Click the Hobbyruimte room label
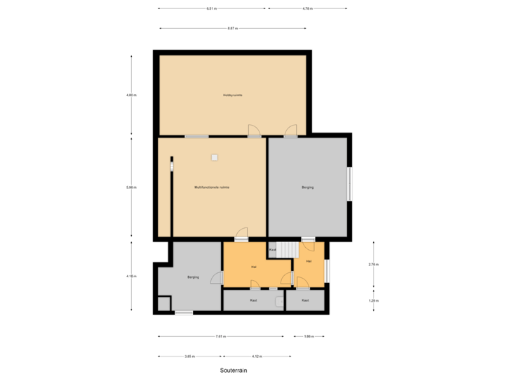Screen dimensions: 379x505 (x=232, y=95)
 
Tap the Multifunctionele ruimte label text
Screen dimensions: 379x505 (x=212, y=187)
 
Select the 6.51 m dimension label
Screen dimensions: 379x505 (x=211, y=9)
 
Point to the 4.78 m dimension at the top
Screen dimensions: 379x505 (x=307, y=9)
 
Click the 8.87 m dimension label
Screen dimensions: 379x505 (x=232, y=29)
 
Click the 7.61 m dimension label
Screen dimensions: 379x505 (x=220, y=337)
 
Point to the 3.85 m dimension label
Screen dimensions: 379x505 (x=189, y=357)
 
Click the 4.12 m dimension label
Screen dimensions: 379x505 (x=257, y=357)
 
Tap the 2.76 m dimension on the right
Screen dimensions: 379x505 (x=374, y=265)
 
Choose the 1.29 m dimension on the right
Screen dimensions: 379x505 (x=374, y=300)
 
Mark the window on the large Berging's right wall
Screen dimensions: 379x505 (x=349, y=185)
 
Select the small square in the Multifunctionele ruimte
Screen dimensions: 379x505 (x=215, y=157)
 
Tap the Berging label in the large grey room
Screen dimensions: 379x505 (x=307, y=187)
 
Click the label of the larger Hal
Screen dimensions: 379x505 (x=252, y=267)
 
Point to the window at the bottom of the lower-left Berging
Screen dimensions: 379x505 (x=183, y=312)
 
